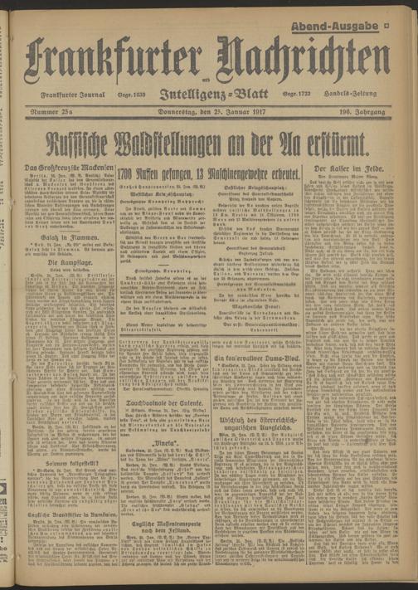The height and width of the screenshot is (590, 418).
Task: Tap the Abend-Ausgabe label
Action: [337, 28]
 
